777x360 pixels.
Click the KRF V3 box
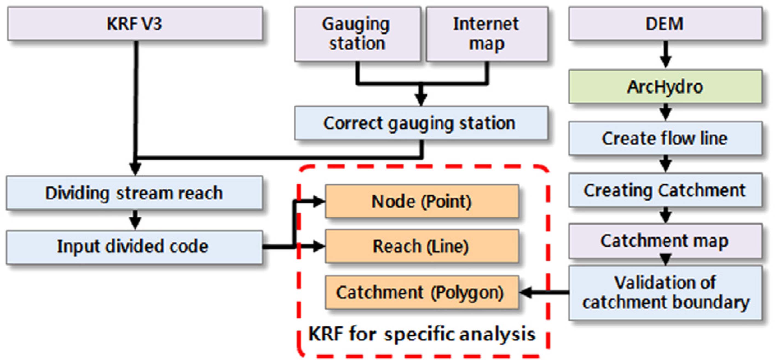click(135, 24)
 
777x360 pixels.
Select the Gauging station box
click(357, 34)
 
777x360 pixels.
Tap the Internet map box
click(487, 34)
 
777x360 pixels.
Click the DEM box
click(665, 24)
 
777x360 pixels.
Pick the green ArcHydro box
click(665, 87)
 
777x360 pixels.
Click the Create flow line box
click(665, 139)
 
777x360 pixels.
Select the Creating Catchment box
click(665, 190)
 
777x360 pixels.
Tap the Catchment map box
click(665, 241)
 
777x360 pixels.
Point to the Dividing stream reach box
click(134, 193)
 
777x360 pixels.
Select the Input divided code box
click(134, 247)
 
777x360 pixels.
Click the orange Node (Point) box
click(421, 201)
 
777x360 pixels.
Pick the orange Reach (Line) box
click(421, 246)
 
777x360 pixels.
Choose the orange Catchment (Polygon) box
click(421, 292)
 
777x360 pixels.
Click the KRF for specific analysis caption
click(421, 334)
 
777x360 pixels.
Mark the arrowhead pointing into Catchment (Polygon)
click(526, 292)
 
